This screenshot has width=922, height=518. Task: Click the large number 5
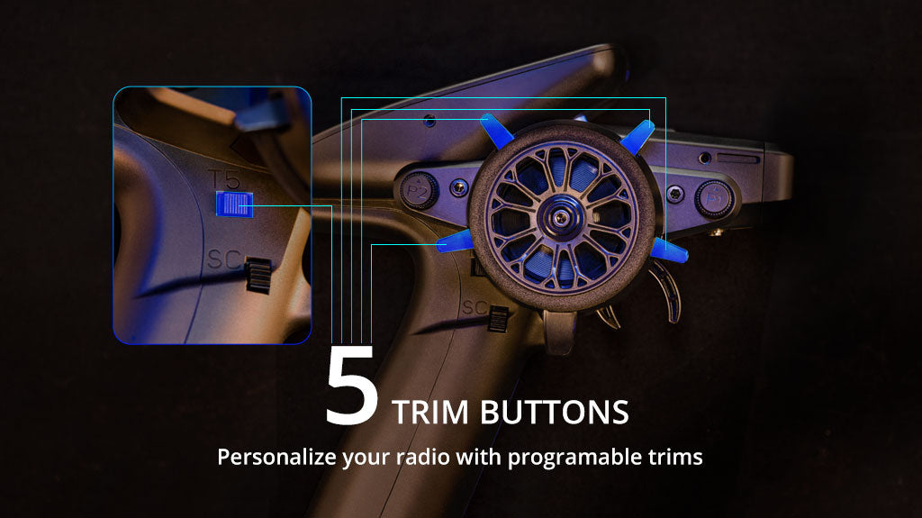(x=350, y=388)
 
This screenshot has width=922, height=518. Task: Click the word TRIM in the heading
(x=431, y=412)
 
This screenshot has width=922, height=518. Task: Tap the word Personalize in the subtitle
(x=276, y=457)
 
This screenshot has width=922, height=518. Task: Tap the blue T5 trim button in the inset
(x=234, y=204)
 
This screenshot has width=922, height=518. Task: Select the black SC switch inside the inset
(x=258, y=275)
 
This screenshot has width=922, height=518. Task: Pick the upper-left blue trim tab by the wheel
(x=496, y=132)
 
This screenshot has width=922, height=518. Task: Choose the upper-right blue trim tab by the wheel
(x=637, y=135)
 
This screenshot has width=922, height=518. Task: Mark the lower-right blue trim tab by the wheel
(x=669, y=251)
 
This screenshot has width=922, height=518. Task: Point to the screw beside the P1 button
(x=673, y=194)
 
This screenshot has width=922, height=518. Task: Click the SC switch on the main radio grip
(x=498, y=318)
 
